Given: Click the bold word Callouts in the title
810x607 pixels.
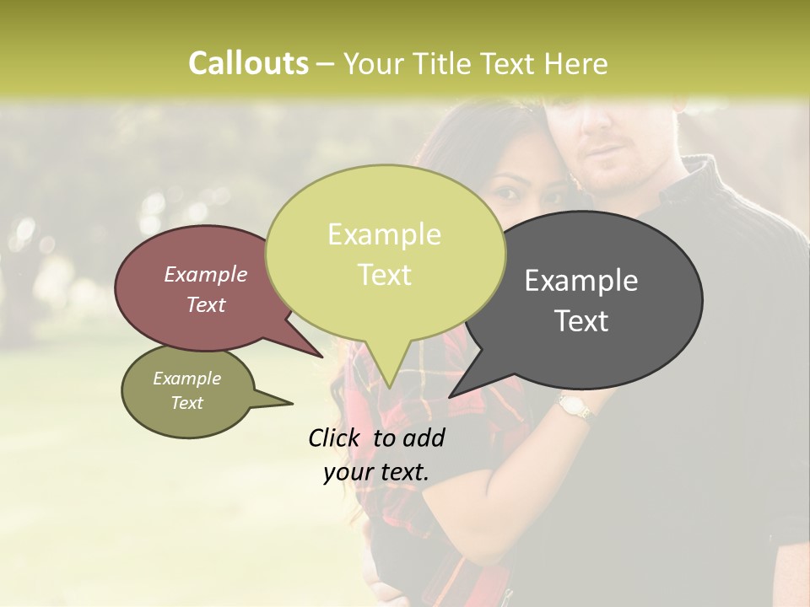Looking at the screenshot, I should pyautogui.click(x=248, y=63).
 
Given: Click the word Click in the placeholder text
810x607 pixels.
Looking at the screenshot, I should pyautogui.click(x=337, y=438).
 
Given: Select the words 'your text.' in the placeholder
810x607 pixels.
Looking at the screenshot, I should pyautogui.click(x=376, y=472).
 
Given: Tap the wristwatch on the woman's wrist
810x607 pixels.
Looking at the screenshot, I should pyautogui.click(x=575, y=408).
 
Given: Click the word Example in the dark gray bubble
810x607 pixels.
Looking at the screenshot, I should pyautogui.click(x=581, y=281).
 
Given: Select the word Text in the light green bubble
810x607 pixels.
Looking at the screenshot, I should pyautogui.click(x=385, y=275).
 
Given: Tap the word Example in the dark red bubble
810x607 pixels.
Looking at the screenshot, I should pyautogui.click(x=206, y=274).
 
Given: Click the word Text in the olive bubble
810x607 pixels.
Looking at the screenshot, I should pyautogui.click(x=187, y=403).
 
